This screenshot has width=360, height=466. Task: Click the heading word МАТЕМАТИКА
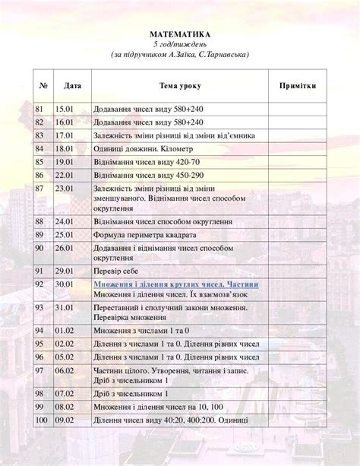179,34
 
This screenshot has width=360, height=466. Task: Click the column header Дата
73,87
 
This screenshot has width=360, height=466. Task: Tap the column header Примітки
298,87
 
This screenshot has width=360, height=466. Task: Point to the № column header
44,87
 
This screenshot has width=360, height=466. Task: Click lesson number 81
41,109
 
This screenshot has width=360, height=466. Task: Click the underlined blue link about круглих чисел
175,284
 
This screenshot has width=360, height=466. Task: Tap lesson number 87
41,187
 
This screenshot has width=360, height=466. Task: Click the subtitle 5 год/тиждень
179,45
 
